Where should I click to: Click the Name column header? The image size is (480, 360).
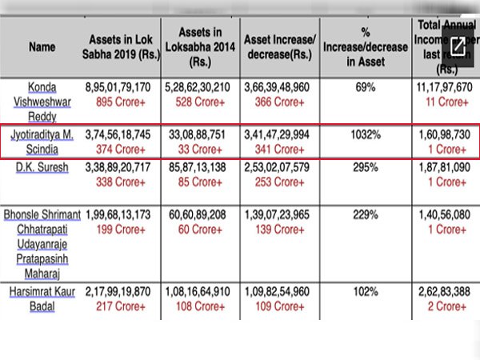tap(41, 46)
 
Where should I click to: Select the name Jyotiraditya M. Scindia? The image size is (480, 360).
tap(41, 141)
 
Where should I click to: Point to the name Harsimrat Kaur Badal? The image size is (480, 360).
tap(41, 300)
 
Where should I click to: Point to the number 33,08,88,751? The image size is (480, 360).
tap(198, 135)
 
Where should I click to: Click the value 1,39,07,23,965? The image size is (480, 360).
tap(280, 215)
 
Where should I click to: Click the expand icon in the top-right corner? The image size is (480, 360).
tap(458, 46)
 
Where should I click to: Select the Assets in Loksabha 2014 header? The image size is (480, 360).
tap(198, 46)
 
